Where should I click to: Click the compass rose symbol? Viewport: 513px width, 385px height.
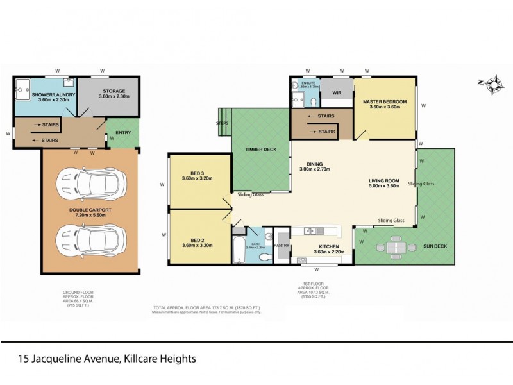(x=494, y=84)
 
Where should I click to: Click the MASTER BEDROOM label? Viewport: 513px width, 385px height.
(x=385, y=101)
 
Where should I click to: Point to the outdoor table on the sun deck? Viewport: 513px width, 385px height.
(x=395, y=246)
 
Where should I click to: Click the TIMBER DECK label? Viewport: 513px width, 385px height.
(x=261, y=149)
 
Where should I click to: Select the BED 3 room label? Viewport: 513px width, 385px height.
(x=197, y=173)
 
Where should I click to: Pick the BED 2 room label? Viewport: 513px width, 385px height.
(x=197, y=239)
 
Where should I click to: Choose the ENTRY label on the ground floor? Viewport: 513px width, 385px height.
(x=123, y=133)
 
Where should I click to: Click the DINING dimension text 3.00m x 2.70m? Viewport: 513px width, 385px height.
(x=314, y=170)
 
